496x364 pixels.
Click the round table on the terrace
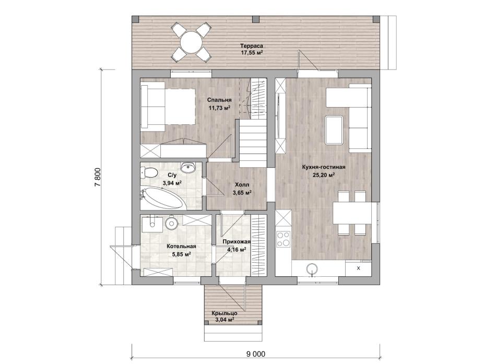[191, 42]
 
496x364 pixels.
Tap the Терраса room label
[252, 46]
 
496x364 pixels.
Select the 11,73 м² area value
[219, 107]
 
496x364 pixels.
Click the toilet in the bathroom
[150, 172]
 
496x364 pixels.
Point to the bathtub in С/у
[162, 198]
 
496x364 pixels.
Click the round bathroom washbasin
[189, 168]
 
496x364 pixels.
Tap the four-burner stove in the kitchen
[284, 239]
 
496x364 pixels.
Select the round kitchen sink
[312, 269]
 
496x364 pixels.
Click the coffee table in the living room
[334, 130]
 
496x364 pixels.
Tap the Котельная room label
[182, 246]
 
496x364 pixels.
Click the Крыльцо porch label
[225, 313]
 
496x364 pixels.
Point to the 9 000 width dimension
[256, 354]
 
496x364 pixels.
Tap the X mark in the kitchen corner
[358, 268]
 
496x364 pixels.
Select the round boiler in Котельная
[171, 222]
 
